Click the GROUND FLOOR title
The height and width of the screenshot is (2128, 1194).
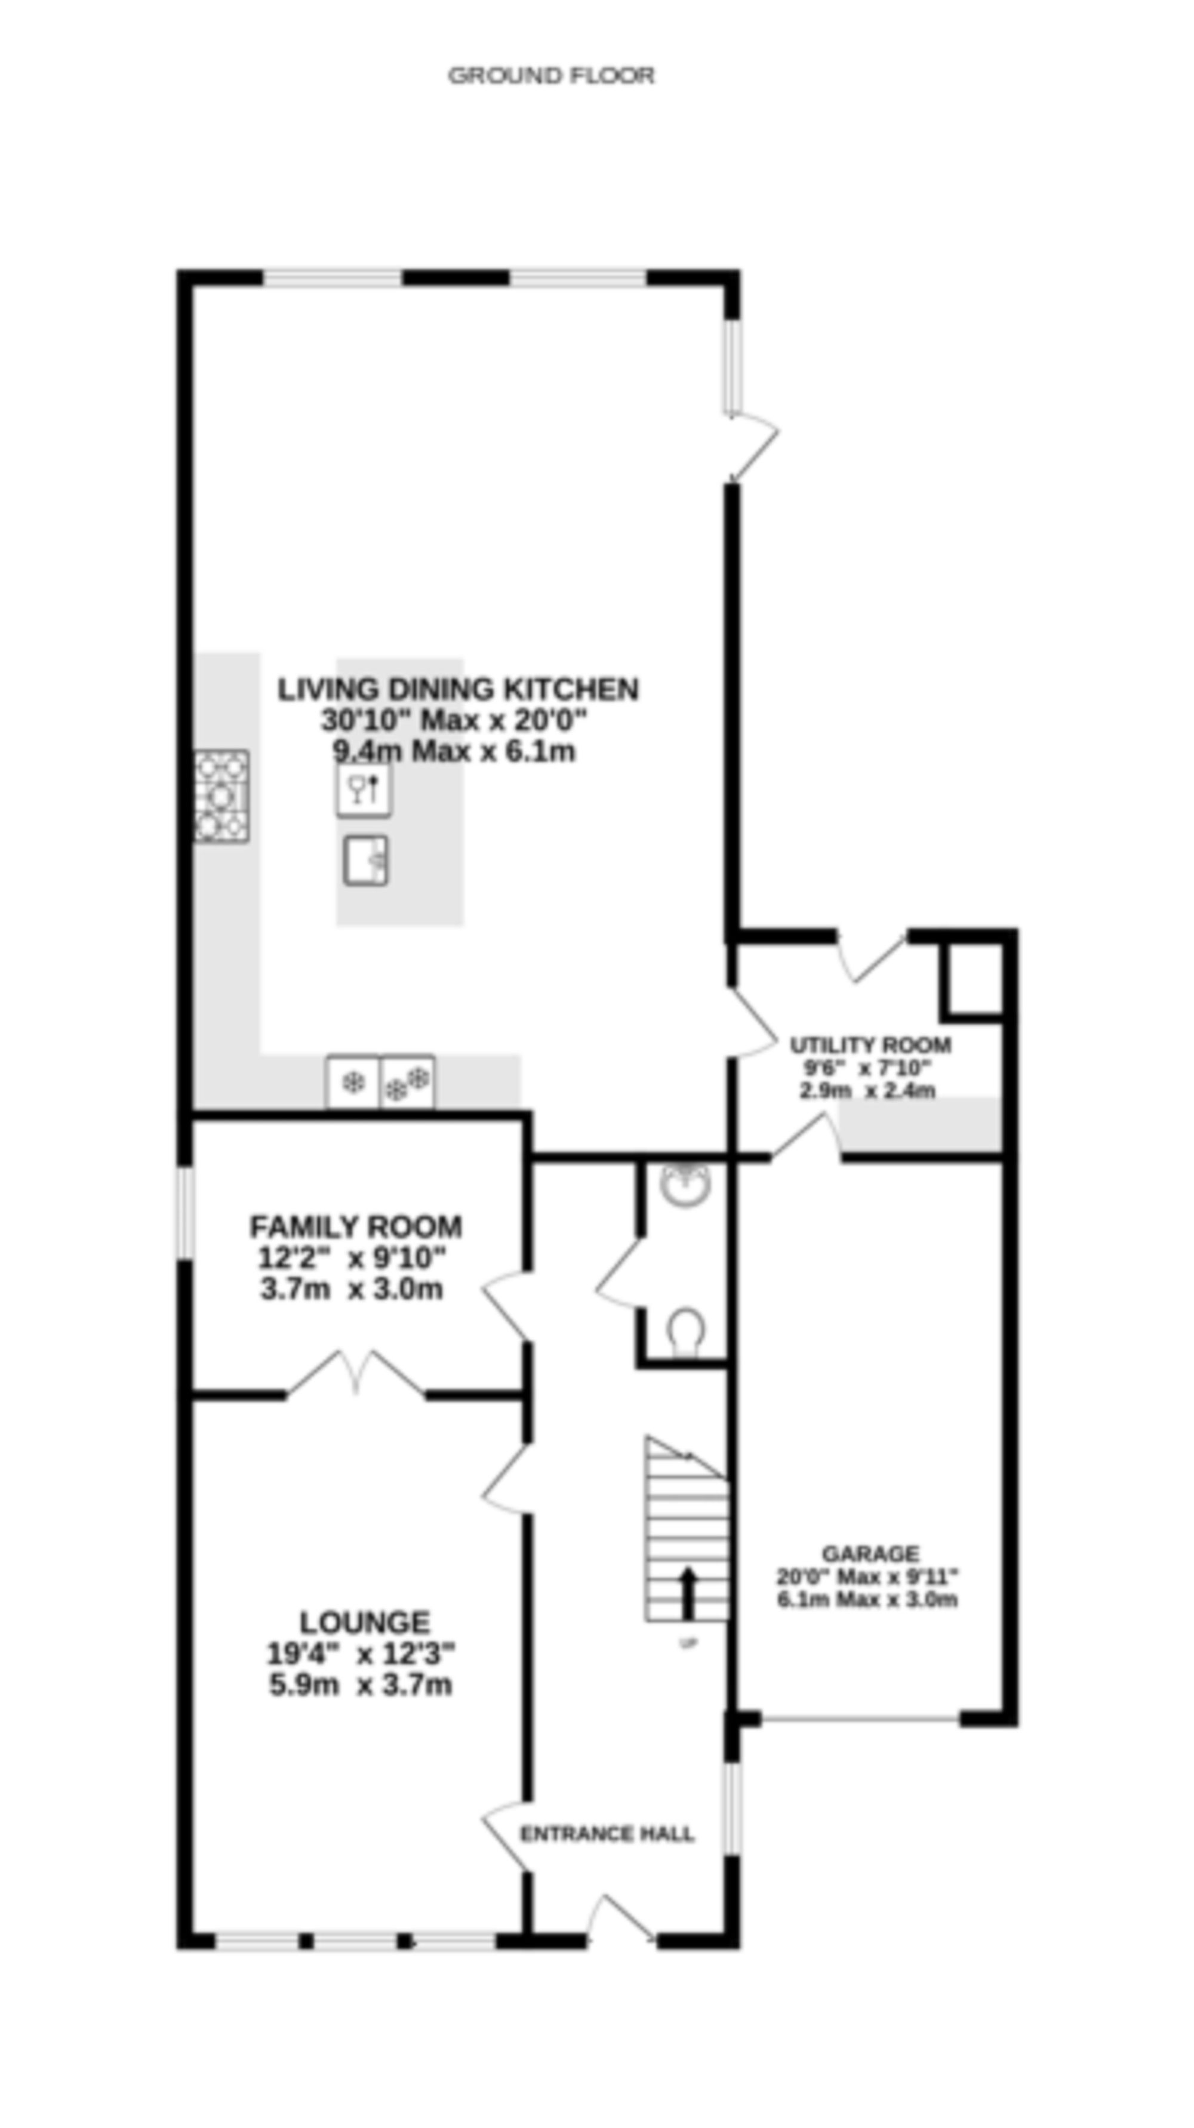pyautogui.click(x=551, y=76)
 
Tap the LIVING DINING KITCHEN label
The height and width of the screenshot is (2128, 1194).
pyautogui.click(x=458, y=689)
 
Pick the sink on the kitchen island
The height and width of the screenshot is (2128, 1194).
pyautogui.click(x=366, y=860)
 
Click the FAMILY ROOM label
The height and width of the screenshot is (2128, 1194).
pyautogui.click(x=355, y=1227)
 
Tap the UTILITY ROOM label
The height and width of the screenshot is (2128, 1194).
pyautogui.click(x=870, y=1045)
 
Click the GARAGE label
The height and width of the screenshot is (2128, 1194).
pyautogui.click(x=870, y=1553)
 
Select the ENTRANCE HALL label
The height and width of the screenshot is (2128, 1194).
pyautogui.click(x=607, y=1834)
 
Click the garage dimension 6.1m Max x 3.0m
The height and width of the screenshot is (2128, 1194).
pyautogui.click(x=867, y=1599)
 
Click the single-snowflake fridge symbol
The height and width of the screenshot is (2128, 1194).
pyautogui.click(x=353, y=1082)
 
